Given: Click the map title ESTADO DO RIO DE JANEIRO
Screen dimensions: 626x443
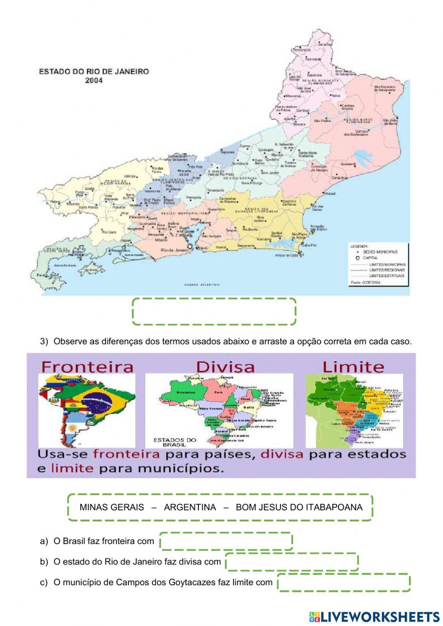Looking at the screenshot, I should [94, 71].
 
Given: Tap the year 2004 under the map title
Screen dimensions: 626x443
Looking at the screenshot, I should [94, 81].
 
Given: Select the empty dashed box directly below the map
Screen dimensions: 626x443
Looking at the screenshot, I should [214, 311].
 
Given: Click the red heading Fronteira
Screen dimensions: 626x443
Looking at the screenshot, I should [87, 366].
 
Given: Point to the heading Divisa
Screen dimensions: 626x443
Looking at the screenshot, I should [225, 366].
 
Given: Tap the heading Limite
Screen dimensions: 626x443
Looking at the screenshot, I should [353, 366].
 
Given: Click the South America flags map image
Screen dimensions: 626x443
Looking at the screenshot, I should [87, 410].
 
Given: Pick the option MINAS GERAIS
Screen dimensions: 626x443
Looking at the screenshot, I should [112, 507].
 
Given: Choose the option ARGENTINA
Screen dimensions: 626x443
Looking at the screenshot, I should [190, 507].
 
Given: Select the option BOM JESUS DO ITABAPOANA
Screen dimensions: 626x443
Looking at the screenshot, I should [299, 507].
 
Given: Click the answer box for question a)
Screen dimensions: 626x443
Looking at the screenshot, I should [226, 541].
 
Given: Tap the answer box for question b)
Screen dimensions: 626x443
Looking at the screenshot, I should [291, 562].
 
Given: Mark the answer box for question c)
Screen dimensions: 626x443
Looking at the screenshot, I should [344, 582].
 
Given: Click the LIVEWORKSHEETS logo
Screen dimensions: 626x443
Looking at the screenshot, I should [374, 616].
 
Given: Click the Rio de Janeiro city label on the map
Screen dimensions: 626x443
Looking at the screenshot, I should [174, 250].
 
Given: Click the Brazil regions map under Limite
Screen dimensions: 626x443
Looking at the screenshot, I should [354, 410].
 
